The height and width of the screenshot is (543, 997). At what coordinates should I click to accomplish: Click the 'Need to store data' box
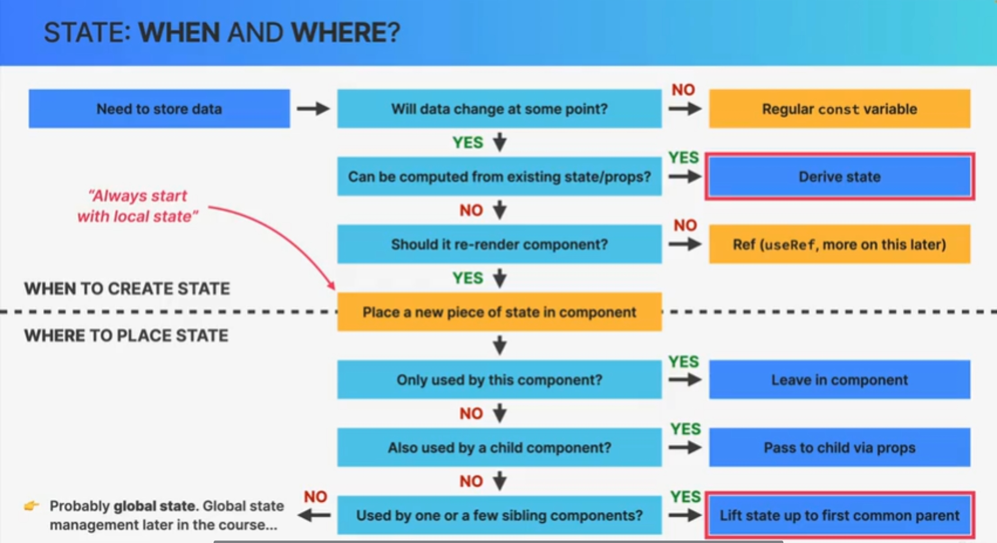tap(159, 109)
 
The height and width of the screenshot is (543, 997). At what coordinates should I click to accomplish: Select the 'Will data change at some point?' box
tap(499, 109)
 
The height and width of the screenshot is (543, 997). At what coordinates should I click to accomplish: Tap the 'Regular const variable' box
tap(839, 109)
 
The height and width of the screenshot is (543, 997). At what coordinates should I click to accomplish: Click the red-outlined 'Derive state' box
tap(839, 177)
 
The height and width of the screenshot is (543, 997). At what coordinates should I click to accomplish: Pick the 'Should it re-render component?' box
tap(499, 244)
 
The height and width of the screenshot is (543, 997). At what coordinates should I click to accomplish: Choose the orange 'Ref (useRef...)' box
tap(839, 244)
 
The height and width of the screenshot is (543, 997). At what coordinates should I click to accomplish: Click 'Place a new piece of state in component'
tap(499, 312)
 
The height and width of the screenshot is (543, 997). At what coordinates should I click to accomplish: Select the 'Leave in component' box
tap(839, 380)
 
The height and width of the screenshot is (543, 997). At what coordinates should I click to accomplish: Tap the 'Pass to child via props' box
tap(839, 447)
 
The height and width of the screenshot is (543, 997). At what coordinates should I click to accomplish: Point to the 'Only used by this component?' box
tap(499, 380)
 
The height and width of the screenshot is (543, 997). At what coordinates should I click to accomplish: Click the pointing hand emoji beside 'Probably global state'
tap(32, 506)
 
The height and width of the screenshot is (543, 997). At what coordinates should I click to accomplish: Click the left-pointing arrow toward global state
tap(314, 515)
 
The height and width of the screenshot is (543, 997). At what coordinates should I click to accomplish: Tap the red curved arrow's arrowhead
tap(331, 285)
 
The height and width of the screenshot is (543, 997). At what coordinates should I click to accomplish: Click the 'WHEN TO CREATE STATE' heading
tap(127, 288)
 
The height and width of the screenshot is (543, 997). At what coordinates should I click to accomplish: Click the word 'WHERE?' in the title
tap(345, 32)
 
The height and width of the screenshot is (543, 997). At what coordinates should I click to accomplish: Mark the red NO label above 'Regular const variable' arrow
tap(683, 90)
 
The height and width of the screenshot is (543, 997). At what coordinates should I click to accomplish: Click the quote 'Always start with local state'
tap(138, 206)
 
